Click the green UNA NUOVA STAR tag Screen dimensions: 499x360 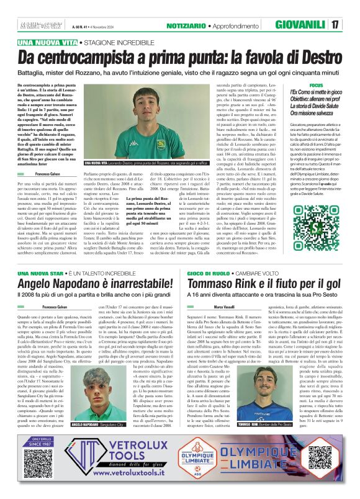point(42,273)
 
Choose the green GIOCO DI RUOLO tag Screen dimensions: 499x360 point(204,273)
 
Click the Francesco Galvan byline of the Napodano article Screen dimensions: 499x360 point(54,307)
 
